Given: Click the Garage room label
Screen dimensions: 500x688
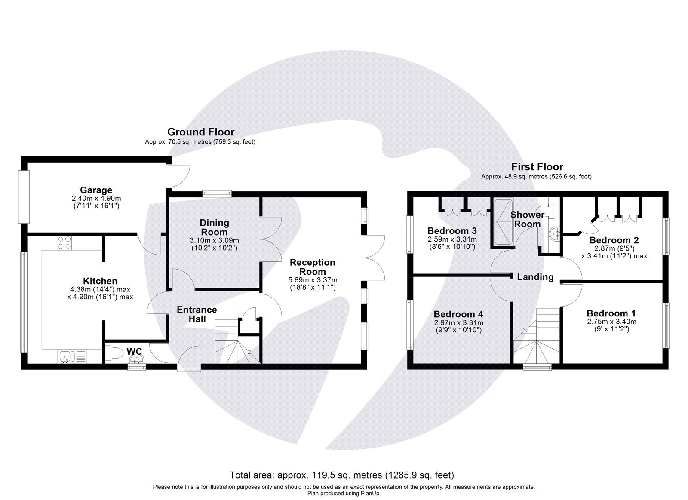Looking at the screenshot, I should (96, 190).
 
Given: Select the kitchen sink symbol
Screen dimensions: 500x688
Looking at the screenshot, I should (66, 356).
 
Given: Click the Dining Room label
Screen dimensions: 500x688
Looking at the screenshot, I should (214, 227).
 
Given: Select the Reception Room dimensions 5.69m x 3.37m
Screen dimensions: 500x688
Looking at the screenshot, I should (313, 280).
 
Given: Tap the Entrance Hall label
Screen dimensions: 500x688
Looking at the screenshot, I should (197, 314).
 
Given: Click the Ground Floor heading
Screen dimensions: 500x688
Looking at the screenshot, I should (201, 132).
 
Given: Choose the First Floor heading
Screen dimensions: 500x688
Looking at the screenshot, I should (537, 167).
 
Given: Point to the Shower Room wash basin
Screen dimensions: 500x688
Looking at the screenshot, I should (555, 234).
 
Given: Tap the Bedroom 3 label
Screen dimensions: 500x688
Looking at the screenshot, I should (451, 231).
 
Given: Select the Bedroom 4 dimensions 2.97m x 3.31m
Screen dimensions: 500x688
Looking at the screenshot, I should (458, 323).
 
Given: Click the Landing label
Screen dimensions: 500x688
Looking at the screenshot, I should (535, 277).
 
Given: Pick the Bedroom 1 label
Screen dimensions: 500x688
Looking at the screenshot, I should (611, 313).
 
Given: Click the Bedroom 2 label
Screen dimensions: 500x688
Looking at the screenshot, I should (614, 240).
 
